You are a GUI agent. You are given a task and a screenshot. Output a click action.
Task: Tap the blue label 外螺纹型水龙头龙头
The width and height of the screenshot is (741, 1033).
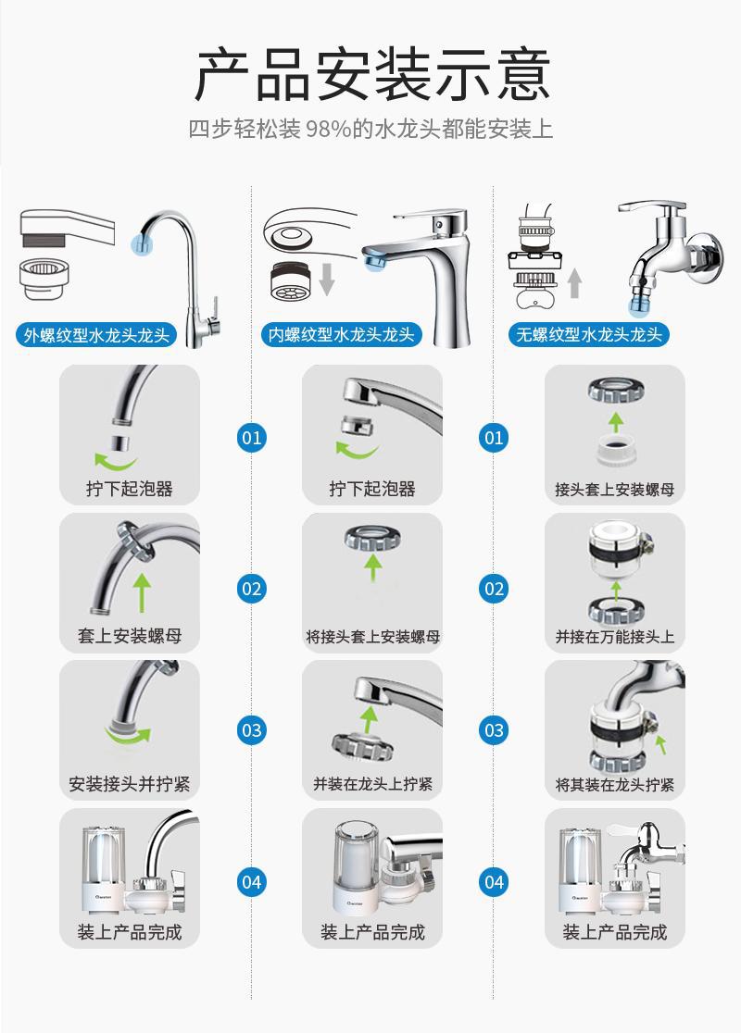pyautogui.click(x=97, y=334)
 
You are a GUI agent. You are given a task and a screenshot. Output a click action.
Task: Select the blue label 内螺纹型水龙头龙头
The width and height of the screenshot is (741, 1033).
pyautogui.click(x=341, y=334)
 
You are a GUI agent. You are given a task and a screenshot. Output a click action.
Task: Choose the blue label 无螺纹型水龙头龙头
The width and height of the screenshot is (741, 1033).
pyautogui.click(x=590, y=334)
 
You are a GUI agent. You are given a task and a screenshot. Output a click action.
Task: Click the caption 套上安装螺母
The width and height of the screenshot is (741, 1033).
pyautogui.click(x=130, y=636)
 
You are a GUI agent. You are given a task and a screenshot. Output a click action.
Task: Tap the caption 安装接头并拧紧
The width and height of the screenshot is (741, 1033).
pyautogui.click(x=130, y=784)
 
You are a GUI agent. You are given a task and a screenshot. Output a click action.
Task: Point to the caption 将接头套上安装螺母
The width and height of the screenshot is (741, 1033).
pyautogui.click(x=372, y=637)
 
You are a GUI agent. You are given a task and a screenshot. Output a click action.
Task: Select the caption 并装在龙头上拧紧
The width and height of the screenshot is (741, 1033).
pyautogui.click(x=372, y=784)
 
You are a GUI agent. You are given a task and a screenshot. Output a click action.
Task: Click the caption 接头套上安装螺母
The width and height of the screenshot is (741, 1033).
pyautogui.click(x=614, y=489)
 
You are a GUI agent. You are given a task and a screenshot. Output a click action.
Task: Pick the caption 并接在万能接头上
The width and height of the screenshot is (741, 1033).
pyautogui.click(x=614, y=637)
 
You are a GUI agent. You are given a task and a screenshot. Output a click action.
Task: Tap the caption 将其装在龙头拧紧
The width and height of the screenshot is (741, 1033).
pyautogui.click(x=614, y=785)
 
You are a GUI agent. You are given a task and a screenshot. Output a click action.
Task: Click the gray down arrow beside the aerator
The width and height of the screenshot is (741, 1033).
pyautogui.click(x=326, y=278)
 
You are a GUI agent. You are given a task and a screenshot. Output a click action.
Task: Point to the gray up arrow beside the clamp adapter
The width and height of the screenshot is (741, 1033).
pyautogui.click(x=574, y=281)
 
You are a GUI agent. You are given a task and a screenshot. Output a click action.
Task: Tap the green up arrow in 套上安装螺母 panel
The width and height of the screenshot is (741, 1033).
pyautogui.click(x=142, y=592)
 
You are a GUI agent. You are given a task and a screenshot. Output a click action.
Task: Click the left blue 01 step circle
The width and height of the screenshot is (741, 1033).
pyautogui.click(x=252, y=436)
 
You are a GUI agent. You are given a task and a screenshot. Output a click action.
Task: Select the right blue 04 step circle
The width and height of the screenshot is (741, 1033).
pyautogui.click(x=495, y=881)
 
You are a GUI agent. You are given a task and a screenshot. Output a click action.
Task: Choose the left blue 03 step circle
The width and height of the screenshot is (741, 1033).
pyautogui.click(x=252, y=730)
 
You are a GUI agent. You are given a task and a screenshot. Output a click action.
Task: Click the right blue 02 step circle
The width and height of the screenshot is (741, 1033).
pyautogui.click(x=495, y=588)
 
